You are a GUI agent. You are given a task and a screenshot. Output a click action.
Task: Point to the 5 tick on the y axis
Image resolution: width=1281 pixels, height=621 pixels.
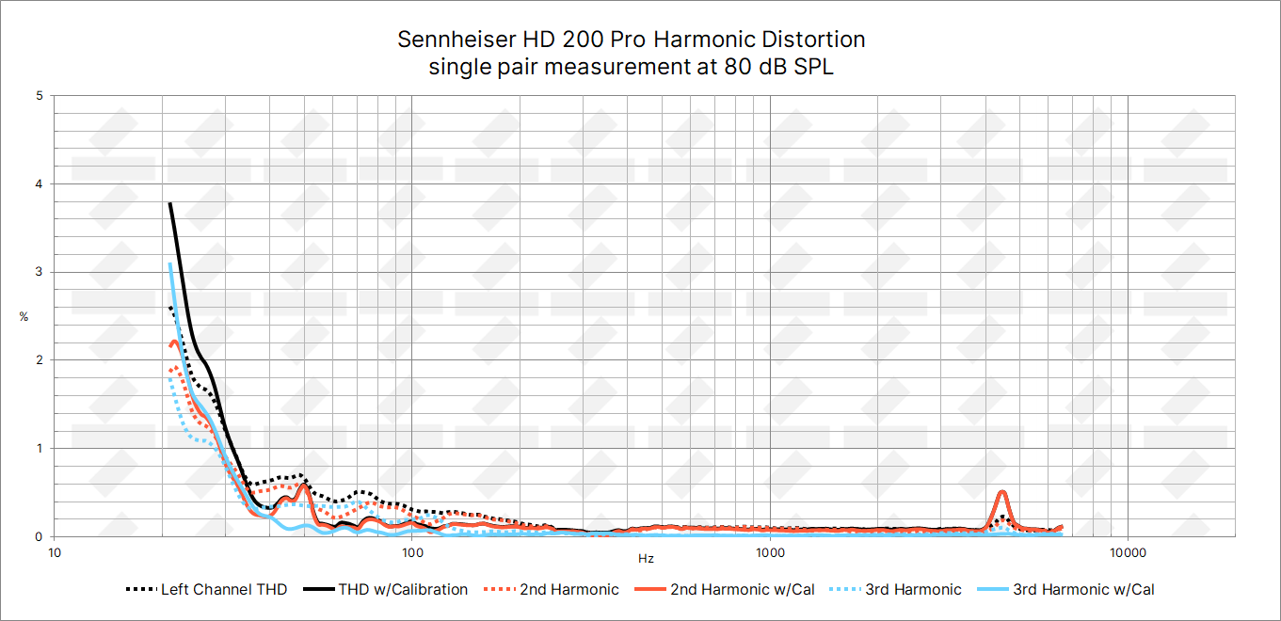point(39,96)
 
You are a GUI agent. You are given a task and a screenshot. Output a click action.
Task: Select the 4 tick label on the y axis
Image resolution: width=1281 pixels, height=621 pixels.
point(39,184)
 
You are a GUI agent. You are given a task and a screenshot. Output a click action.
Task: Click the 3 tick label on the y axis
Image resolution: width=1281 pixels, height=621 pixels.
point(39,272)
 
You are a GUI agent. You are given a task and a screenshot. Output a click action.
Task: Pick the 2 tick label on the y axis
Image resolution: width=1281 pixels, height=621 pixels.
point(39,360)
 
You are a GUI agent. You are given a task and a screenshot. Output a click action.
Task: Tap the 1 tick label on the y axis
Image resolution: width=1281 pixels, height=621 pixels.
point(39,449)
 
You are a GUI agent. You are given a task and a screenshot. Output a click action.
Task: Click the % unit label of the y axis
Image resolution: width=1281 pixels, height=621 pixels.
point(24,317)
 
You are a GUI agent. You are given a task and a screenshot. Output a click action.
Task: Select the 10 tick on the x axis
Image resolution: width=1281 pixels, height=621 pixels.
point(55,550)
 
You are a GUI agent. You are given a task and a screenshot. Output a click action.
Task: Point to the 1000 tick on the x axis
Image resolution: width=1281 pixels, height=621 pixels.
point(770,550)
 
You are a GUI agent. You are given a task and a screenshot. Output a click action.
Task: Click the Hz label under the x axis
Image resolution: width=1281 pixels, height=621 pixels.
point(646,559)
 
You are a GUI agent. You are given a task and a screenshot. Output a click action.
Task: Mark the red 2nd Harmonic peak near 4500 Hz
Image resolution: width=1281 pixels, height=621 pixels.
point(1002,492)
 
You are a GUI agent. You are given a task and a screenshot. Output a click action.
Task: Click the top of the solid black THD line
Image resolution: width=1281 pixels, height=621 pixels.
point(169,203)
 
